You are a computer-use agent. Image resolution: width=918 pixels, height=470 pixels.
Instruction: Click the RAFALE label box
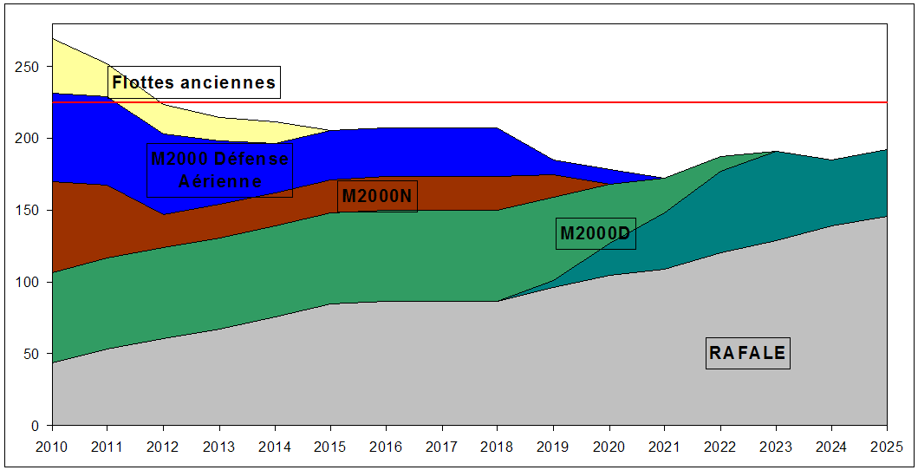click(747, 353)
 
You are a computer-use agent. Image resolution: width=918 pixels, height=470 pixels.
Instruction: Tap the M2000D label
click(596, 233)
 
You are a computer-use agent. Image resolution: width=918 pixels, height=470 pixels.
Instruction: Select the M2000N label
click(377, 196)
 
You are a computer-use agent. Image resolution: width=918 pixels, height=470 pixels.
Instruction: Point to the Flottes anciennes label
click(194, 83)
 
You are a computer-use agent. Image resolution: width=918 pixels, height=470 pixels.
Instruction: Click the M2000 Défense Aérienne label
click(219, 170)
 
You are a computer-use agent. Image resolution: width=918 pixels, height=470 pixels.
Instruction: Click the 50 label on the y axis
click(32, 355)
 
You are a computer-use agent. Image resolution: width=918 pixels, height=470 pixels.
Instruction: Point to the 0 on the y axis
click(36, 426)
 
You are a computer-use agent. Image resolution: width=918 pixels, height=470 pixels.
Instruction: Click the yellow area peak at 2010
click(55, 43)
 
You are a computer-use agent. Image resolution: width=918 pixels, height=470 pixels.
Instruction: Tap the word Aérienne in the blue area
click(219, 181)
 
